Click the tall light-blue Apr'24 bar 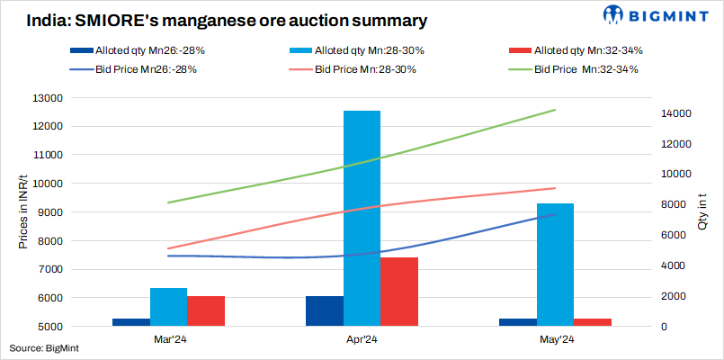click(x=362, y=216)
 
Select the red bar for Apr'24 click(x=398, y=292)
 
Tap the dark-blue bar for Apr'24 click(x=324, y=310)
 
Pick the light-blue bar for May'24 click(x=555, y=265)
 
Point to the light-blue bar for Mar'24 click(x=168, y=307)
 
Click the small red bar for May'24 click(x=593, y=322)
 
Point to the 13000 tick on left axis click(x=43, y=97)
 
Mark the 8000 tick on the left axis click(x=46, y=240)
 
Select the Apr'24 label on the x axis click(x=362, y=339)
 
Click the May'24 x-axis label click(x=555, y=339)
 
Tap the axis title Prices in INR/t click(x=22, y=212)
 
